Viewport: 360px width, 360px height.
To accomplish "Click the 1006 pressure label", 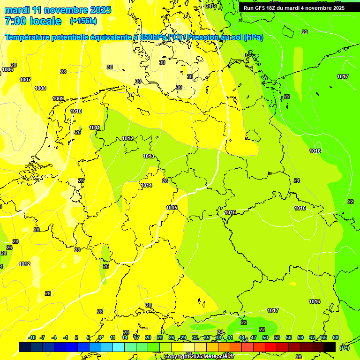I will pyautogui.click(x=7, y=69).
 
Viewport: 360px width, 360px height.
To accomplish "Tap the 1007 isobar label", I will pyautogui.click(x=25, y=80).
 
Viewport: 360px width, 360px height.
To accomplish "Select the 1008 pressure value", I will pyautogui.click(x=40, y=88).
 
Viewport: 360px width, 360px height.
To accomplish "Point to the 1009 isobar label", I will pyautogui.click(x=58, y=98).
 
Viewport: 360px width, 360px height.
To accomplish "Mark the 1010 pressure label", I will pyautogui.click(x=76, y=111).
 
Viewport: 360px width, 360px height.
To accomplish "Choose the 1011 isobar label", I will pyautogui.click(x=94, y=127).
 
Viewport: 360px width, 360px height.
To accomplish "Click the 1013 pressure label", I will pyautogui.click(x=149, y=156).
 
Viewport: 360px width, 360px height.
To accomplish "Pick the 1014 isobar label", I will pyautogui.click(x=146, y=185).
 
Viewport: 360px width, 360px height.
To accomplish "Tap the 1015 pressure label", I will pyautogui.click(x=172, y=208).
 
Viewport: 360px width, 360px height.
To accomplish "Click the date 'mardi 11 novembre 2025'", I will pyautogui.click(x=58, y=10).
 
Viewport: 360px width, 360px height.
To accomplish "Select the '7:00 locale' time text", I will pyautogui.click(x=33, y=21).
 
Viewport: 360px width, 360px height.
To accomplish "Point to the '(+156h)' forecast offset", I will pyautogui.click(x=83, y=21).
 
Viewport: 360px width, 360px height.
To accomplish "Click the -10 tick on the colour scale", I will pyautogui.click(x=32, y=337).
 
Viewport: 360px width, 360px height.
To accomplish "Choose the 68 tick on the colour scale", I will pyautogui.click(x=335, y=337).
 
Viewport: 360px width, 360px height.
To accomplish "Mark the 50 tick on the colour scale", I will pyautogui.click(x=265, y=337).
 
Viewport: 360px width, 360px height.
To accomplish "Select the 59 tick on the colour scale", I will pyautogui.click(x=300, y=337).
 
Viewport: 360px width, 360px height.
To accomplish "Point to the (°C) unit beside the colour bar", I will pyautogui.click(x=344, y=347).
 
